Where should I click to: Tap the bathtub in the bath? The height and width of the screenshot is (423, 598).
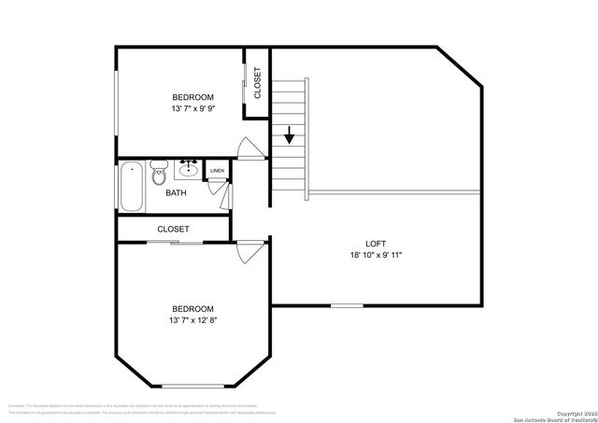tap(133, 187)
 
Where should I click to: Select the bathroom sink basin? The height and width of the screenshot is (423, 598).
tap(189, 169)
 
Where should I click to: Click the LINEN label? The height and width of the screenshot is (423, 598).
tap(217, 171)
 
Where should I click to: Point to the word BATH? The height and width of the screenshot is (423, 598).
tap(176, 193)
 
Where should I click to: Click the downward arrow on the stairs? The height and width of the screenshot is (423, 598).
tap(290, 134)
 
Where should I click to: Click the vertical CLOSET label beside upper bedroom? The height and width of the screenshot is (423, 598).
tap(258, 84)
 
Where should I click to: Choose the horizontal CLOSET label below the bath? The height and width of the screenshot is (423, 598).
tap(173, 229)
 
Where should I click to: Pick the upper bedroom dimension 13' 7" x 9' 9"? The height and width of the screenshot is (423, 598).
tap(192, 109)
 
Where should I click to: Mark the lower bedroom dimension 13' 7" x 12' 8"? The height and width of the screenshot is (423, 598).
tap(192, 320)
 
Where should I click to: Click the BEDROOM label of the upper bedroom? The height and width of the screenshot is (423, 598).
tap(192, 97)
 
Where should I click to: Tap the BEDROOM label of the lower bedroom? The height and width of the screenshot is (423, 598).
tap(192, 309)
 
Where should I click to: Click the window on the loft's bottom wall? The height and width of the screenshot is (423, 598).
tap(347, 305)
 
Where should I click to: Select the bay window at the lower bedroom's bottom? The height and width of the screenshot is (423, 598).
tap(193, 386)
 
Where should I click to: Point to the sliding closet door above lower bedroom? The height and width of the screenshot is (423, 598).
tap(175, 242)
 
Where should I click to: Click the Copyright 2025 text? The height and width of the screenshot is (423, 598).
tap(571, 413)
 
